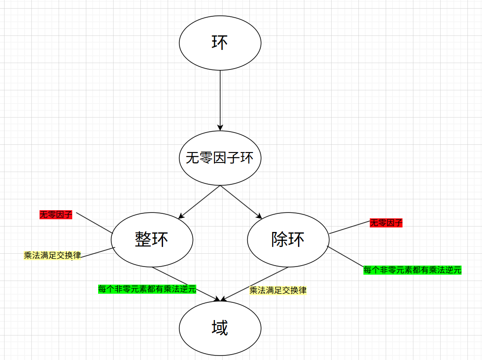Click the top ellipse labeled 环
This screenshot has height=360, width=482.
[x=220, y=43]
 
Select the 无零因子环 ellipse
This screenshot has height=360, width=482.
[x=220, y=158]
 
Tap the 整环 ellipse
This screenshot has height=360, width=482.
[x=152, y=239]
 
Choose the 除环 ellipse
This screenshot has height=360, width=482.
[x=288, y=239]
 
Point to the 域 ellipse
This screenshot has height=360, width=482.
[x=220, y=328]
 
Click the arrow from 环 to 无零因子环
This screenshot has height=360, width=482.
[x=220, y=100]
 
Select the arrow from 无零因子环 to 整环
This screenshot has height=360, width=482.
[x=200, y=202]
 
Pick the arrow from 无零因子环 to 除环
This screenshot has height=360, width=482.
[x=241, y=202]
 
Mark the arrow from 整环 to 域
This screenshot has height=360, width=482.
[x=186, y=284]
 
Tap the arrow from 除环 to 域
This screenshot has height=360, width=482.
[x=254, y=284]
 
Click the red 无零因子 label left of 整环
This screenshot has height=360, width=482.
[x=56, y=215]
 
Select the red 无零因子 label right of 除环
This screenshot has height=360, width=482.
[x=386, y=223]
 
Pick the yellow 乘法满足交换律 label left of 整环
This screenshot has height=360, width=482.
[x=52, y=256]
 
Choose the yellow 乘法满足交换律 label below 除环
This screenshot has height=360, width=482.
[x=278, y=290]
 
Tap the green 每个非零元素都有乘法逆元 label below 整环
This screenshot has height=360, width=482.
[x=147, y=289]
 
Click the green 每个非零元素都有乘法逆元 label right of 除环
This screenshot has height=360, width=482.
[x=412, y=270]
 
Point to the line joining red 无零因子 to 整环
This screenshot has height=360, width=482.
[x=94, y=222]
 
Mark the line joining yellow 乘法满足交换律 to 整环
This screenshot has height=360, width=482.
[x=98, y=252]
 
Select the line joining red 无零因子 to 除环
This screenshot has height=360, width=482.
[x=350, y=227]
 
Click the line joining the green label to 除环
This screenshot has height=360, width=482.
[x=345, y=256]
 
